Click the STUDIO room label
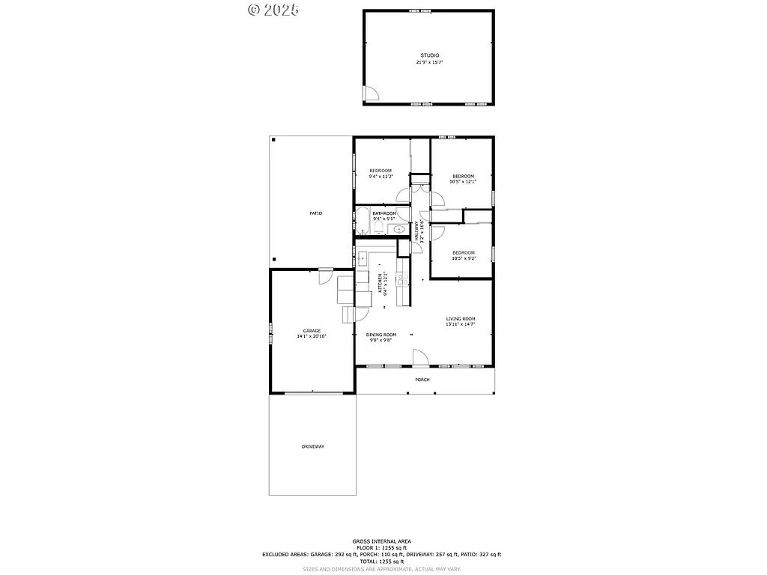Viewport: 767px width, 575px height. point(429,55)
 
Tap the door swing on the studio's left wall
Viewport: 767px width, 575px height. point(371,93)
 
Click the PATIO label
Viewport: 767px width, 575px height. point(316,213)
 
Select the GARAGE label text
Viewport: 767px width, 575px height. point(312,331)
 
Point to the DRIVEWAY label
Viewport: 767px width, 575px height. point(313,446)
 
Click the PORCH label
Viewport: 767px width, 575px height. point(423,380)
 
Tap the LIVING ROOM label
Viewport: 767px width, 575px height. point(461,319)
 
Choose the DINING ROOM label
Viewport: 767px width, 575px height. point(381,335)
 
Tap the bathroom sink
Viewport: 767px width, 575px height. point(399,229)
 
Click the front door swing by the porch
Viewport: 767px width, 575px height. point(420,359)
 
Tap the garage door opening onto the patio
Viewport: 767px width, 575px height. point(326,276)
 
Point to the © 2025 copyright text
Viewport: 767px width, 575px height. point(273,10)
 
